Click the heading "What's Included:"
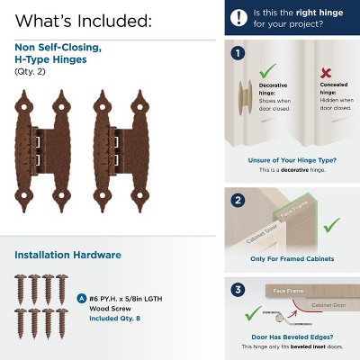[x=83, y=20]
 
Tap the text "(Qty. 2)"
[x=31, y=71]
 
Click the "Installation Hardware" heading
[x=67, y=255]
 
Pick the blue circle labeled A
[x=83, y=297]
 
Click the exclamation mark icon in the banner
[x=239, y=17]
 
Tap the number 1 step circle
[x=238, y=53]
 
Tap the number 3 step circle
[x=238, y=290]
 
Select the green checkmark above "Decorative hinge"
[x=266, y=70]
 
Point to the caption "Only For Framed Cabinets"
[x=291, y=259]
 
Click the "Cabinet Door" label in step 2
[x=262, y=235]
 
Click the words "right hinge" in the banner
[x=310, y=12]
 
